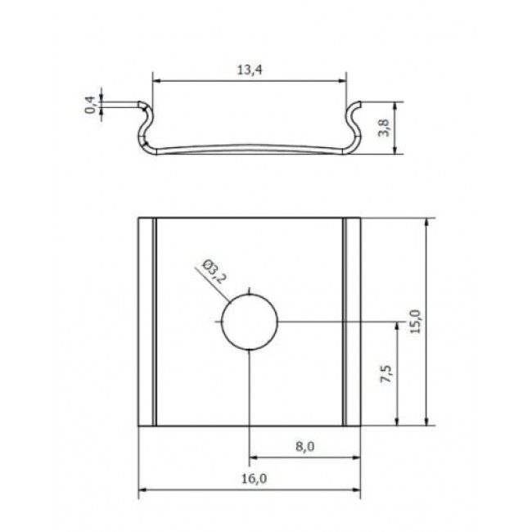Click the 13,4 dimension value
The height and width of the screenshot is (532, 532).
[x=250, y=70]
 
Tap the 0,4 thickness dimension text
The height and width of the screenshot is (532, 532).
[x=90, y=105]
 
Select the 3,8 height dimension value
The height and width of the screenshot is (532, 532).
[x=384, y=128]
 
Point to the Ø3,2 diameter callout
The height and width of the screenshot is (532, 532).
[x=214, y=272]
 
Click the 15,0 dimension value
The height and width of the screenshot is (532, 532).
[x=415, y=322]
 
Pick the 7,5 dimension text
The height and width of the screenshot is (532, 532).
[x=385, y=374]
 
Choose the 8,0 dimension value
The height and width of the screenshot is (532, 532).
[x=304, y=447]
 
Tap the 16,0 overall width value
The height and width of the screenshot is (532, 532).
[x=254, y=479]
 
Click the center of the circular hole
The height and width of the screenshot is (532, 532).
[x=250, y=322]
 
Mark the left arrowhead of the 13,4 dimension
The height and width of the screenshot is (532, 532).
[x=156, y=81]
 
